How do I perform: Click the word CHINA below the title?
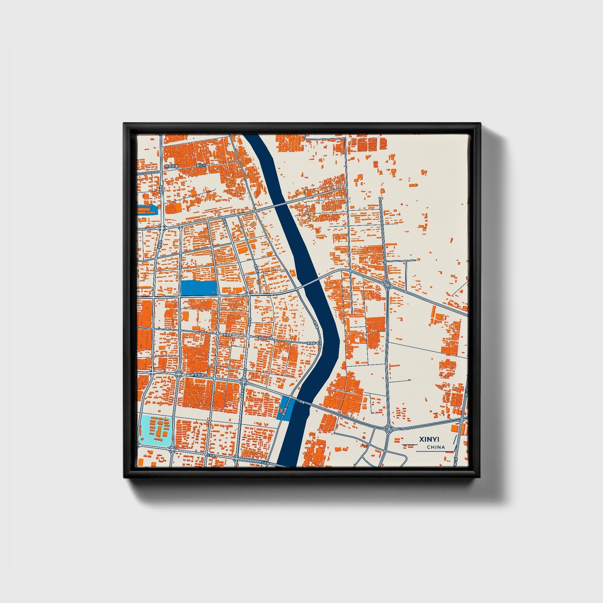pyautogui.click(x=436, y=447)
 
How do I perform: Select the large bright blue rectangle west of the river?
pyautogui.click(x=198, y=288)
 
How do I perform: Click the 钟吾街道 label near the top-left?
pyautogui.click(x=171, y=166)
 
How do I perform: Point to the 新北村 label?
pyautogui.click(x=202, y=166)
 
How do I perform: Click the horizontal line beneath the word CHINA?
pyautogui.click(x=434, y=451)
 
